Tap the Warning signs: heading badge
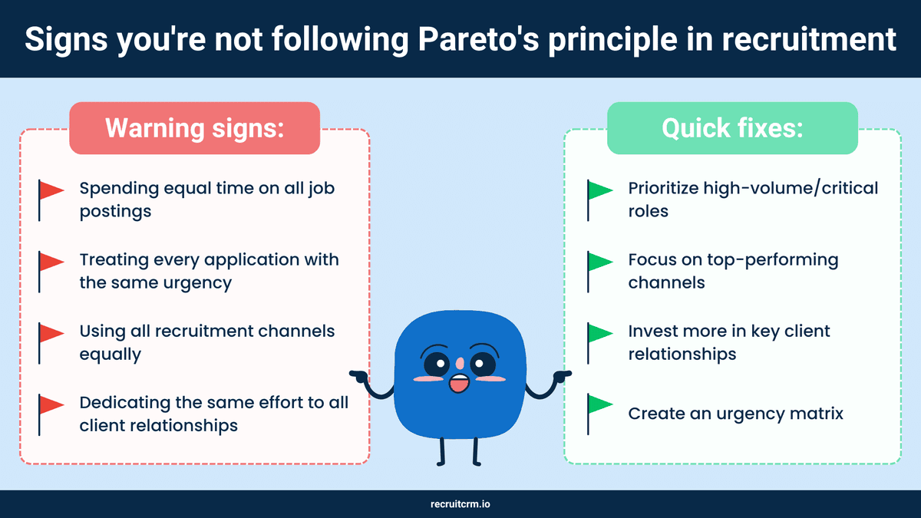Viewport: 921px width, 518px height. click(195, 128)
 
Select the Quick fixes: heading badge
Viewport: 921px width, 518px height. click(732, 128)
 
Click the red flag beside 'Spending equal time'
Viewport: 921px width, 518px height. click(51, 192)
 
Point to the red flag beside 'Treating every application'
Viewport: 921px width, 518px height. click(51, 263)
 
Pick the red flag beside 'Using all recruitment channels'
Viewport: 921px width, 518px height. click(51, 335)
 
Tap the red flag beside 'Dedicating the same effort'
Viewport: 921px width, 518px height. click(51, 406)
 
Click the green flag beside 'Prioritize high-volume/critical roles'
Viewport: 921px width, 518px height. click(599, 192)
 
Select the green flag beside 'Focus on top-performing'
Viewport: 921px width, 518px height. click(599, 263)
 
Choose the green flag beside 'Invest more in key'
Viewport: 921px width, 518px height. click(599, 335)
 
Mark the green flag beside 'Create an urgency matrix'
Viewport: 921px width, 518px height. click(599, 406)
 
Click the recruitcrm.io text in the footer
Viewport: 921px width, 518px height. click(460, 504)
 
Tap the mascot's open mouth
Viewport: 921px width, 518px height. click(458, 383)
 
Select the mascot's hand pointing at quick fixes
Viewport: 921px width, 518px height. click(564, 376)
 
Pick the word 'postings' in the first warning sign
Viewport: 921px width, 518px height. click(115, 211)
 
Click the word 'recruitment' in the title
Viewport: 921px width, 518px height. click(816, 39)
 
